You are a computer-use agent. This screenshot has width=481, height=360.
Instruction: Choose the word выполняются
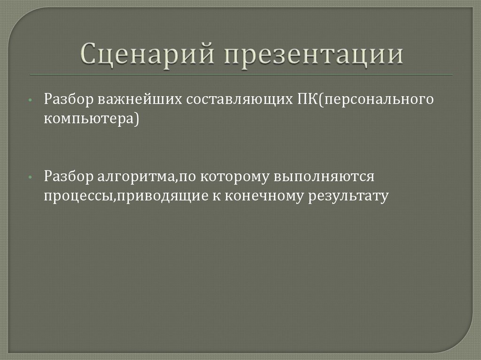point(324,177)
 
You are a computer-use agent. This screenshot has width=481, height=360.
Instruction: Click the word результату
point(349,196)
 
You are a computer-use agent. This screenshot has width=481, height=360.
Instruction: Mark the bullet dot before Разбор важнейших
point(30,101)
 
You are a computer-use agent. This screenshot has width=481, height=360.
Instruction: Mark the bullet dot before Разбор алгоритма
point(30,178)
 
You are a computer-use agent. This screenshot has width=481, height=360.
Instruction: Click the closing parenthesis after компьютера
point(136,119)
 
